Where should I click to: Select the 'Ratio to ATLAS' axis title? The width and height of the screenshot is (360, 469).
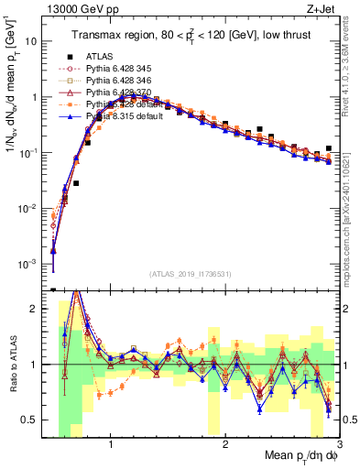pos(14,365)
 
